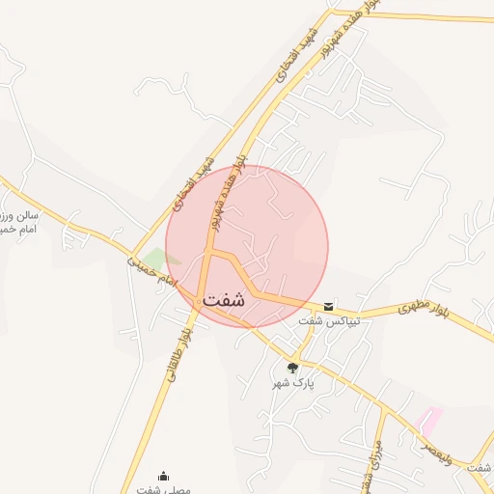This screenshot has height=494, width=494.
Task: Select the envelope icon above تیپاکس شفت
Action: coord(329,305)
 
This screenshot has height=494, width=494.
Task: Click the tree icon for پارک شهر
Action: coord(292,368)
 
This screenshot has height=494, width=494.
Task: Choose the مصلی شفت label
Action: coord(163,489)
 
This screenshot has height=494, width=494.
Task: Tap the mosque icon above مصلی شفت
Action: coord(163,476)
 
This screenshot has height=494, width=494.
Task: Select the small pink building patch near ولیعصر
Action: coord(429,419)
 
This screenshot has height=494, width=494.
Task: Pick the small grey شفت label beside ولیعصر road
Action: coord(478,468)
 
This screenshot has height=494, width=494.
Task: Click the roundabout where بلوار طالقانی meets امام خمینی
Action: coord(200,303)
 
